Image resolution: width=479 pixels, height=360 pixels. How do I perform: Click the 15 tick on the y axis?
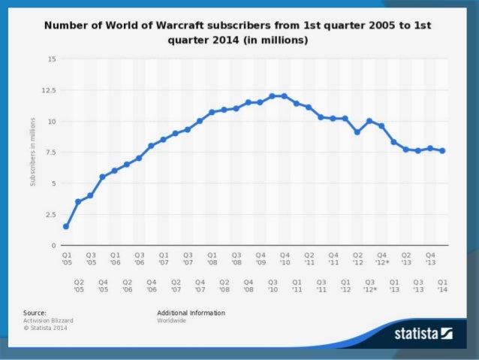50,58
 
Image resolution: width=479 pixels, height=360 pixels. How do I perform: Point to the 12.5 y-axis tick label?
49,89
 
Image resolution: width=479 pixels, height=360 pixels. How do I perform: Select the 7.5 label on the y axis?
50,152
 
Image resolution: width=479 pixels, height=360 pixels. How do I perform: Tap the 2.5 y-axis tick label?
50,214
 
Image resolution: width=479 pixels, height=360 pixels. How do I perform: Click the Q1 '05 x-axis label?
66,259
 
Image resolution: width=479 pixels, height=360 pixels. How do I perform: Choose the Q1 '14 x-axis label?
442,285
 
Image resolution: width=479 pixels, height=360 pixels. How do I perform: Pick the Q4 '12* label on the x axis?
381,259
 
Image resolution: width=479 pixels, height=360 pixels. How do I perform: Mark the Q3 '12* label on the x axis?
369,285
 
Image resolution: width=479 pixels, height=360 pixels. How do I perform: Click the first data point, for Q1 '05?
66,226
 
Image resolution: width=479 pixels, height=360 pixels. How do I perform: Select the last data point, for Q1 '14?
442,150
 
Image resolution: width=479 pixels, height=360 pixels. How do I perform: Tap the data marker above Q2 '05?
78,201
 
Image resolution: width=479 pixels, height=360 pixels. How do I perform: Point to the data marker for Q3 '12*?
369,120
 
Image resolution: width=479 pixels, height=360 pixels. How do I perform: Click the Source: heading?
35,313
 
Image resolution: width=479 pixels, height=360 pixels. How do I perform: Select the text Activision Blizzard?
48,320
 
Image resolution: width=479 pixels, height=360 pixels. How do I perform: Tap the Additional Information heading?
191,313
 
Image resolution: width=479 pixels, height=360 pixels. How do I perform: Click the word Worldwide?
171,320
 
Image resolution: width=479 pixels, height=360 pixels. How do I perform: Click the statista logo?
423,333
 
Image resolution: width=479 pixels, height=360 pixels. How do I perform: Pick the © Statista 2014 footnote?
45,328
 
